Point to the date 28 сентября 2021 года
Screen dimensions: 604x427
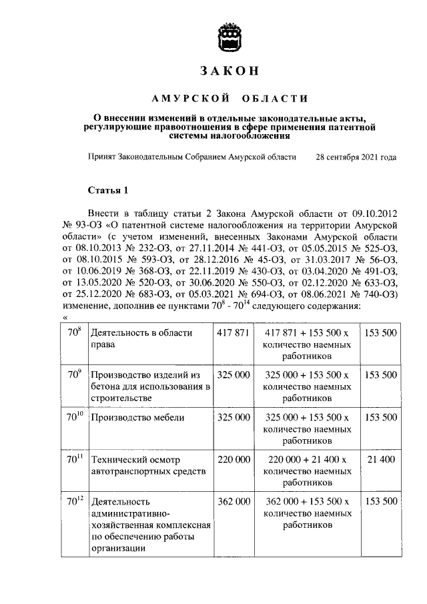356,158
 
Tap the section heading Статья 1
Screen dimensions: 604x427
107,190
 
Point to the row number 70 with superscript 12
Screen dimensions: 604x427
74,500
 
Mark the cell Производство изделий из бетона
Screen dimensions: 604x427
150,386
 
